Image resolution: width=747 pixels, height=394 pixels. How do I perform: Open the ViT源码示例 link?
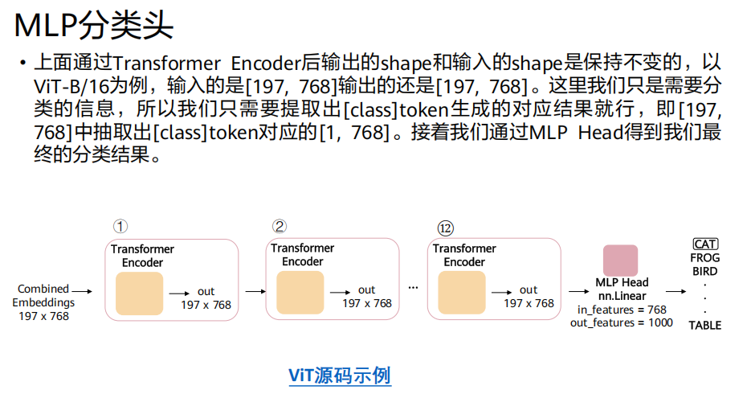[x=340, y=375]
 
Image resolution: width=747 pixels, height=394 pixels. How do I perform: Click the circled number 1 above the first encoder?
[x=120, y=226]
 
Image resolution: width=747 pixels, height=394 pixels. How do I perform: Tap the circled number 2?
[x=280, y=226]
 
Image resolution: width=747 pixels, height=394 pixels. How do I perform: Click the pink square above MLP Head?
[x=620, y=261]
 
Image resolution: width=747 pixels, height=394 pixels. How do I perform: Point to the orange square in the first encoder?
[x=140, y=293]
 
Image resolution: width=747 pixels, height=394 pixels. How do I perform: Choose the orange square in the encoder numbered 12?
[x=462, y=293]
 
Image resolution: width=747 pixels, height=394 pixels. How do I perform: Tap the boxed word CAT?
[x=705, y=244]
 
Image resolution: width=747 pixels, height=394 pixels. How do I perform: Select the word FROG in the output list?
[x=705, y=258]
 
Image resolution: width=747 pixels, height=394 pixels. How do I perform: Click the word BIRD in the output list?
[x=705, y=272]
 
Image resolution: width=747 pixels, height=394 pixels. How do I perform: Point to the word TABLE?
[x=704, y=325]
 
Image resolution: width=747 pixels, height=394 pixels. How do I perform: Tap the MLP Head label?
[x=622, y=283]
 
